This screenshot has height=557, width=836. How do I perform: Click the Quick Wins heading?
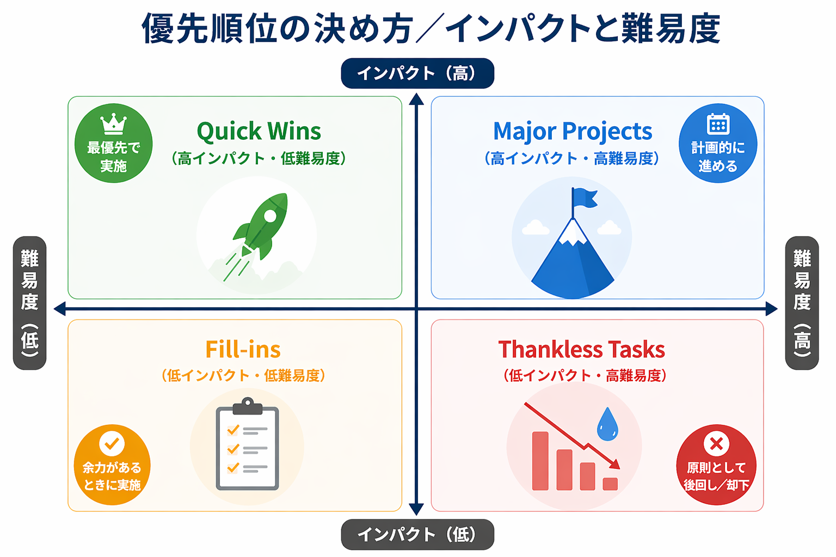(259, 131)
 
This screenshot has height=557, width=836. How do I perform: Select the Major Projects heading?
(573, 131)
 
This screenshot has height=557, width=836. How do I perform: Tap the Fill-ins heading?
(243, 350)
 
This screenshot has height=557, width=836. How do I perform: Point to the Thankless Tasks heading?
(581, 350)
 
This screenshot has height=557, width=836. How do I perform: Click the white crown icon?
(113, 123)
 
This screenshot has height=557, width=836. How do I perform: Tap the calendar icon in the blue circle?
(718, 123)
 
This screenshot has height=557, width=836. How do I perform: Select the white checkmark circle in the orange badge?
(112, 443)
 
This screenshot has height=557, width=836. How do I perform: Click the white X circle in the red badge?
(716, 443)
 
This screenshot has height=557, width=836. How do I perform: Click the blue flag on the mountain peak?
(585, 198)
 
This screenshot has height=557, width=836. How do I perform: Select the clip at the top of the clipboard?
(248, 406)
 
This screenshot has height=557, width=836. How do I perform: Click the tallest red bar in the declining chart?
(540, 461)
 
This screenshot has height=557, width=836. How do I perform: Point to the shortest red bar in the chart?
(610, 484)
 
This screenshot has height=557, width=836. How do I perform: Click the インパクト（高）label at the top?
(417, 73)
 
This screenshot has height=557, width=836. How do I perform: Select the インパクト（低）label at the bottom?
(417, 534)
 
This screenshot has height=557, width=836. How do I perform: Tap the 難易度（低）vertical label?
(29, 303)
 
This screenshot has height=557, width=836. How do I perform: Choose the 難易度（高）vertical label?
(802, 303)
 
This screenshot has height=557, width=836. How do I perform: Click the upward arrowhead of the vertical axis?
(416, 99)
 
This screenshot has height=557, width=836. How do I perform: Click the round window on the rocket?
(270, 215)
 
